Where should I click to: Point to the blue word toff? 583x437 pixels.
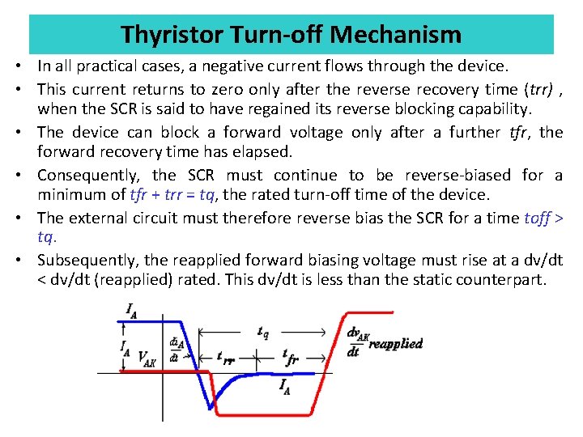[x=538, y=217]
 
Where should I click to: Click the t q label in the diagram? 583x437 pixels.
[x=263, y=332]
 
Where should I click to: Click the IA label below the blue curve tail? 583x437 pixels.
[x=286, y=387]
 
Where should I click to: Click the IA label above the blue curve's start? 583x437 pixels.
[x=130, y=308]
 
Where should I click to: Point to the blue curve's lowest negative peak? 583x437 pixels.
[x=209, y=406]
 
